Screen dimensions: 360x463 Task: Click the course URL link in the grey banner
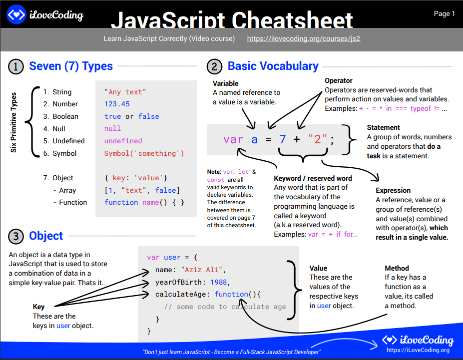click(x=303, y=38)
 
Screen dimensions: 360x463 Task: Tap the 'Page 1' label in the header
click(x=444, y=14)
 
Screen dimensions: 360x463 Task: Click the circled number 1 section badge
click(x=16, y=66)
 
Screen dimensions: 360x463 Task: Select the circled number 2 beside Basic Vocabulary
click(x=214, y=66)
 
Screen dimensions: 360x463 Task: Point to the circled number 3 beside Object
click(x=16, y=236)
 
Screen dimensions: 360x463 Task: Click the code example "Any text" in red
click(x=125, y=92)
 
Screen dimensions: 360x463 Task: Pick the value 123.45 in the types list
click(x=117, y=104)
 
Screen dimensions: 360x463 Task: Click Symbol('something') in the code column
click(x=144, y=153)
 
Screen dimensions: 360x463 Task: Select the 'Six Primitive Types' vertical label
click(x=14, y=122)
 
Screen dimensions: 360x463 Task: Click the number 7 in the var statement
click(x=282, y=139)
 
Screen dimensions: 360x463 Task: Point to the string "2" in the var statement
click(x=317, y=139)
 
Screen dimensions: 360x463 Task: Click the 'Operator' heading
click(x=338, y=80)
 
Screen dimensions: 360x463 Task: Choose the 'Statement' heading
click(x=383, y=127)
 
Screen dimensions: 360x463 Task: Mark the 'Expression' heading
click(x=393, y=190)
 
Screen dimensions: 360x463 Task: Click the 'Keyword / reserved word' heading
click(x=313, y=178)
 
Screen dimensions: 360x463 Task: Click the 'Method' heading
click(x=397, y=268)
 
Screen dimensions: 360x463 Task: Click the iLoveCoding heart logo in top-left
click(x=16, y=15)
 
